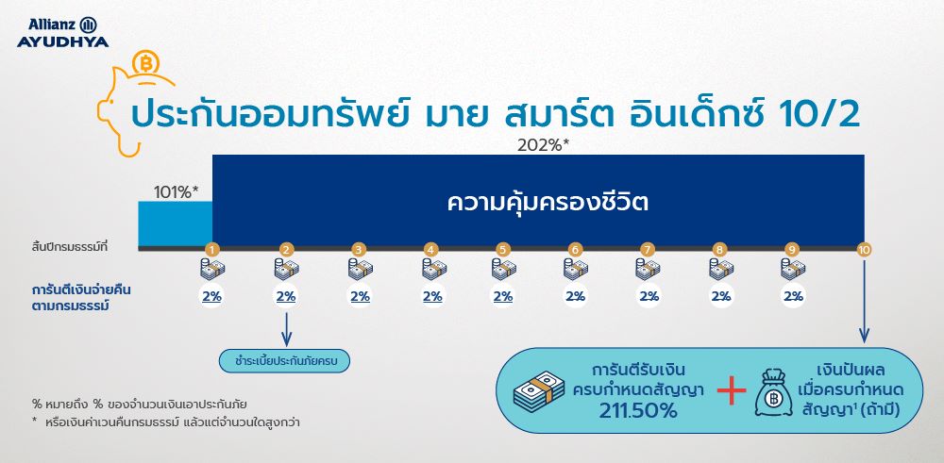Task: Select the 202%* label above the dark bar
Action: (x=544, y=145)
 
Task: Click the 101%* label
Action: (x=176, y=192)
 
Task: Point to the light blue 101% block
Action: (x=176, y=223)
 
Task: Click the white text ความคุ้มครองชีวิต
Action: (x=538, y=202)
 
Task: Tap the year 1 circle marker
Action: (x=212, y=250)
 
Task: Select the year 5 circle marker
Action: (x=503, y=250)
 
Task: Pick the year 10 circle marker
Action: (x=864, y=250)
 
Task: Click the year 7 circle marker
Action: (x=648, y=250)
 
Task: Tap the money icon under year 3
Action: (x=359, y=270)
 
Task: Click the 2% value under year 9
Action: (x=793, y=296)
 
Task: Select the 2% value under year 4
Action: (x=432, y=296)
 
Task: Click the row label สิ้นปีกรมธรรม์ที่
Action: (x=70, y=247)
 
